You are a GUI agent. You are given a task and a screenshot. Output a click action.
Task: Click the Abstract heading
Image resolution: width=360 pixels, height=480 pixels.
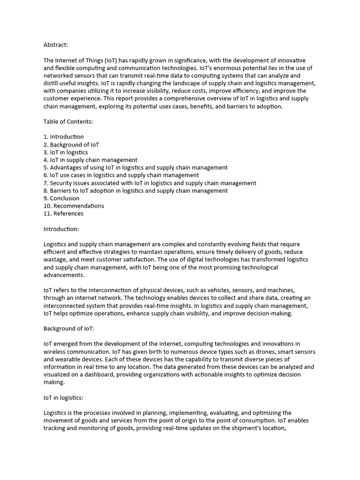click(x=56, y=45)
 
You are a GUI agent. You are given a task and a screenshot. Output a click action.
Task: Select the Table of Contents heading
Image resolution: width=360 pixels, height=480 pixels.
click(x=68, y=121)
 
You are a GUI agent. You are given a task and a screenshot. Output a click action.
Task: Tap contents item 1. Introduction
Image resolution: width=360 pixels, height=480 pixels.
click(x=64, y=137)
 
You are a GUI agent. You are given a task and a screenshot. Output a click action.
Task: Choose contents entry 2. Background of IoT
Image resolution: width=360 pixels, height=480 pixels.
click(x=71, y=144)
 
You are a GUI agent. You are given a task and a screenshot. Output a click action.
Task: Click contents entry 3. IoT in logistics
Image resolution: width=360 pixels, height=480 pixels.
click(x=66, y=152)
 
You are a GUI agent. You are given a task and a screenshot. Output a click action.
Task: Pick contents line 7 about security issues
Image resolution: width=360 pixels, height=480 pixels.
click(x=150, y=183)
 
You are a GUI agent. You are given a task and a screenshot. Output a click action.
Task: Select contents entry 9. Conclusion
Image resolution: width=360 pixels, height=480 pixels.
click(x=61, y=198)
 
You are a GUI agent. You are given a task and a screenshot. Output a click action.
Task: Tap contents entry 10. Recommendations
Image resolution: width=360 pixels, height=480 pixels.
click(x=74, y=206)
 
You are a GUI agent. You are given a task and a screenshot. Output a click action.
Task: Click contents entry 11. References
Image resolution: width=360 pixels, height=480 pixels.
click(x=63, y=213)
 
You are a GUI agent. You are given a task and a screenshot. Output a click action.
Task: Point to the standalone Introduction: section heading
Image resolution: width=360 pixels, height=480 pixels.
click(x=61, y=229)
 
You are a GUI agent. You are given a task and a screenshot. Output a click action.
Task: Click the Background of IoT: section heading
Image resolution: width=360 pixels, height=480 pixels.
click(x=69, y=329)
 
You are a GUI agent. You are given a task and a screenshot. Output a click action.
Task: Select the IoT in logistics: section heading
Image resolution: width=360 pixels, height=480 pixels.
click(x=63, y=397)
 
